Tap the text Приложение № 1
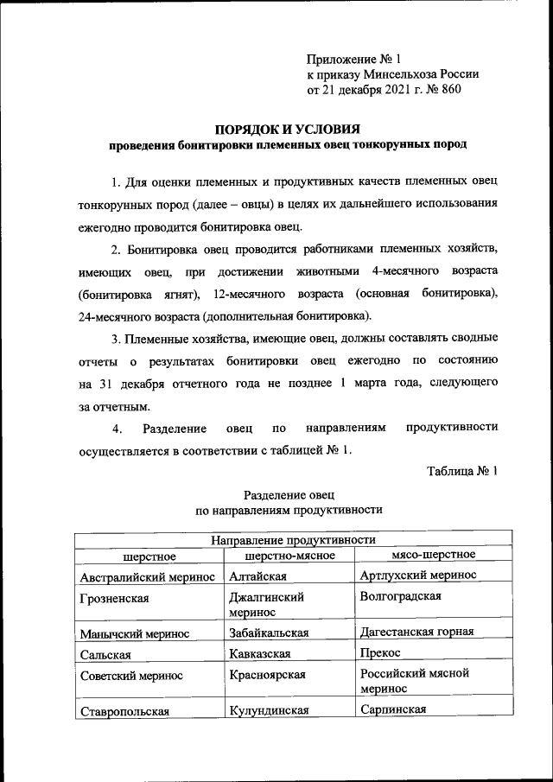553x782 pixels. coord(355,60)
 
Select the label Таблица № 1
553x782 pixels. coord(461,470)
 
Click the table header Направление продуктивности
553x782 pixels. coord(286,538)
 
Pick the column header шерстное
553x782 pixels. coord(149,555)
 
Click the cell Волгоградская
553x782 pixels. coord(399,596)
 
